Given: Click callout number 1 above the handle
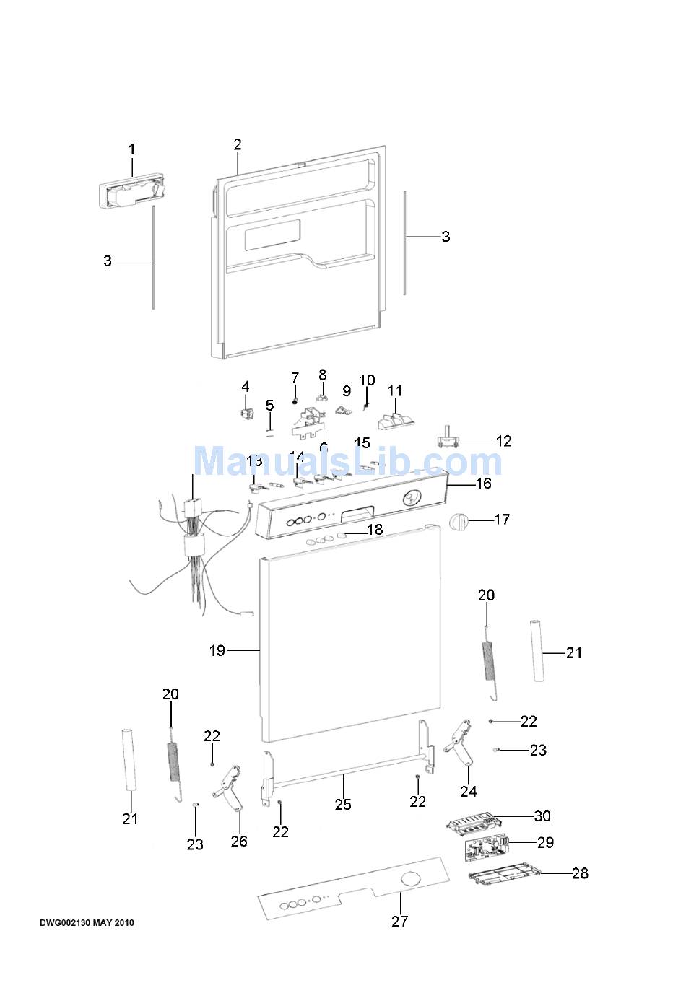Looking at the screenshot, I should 131,149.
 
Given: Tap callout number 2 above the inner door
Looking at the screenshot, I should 238,144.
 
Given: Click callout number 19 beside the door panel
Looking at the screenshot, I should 217,650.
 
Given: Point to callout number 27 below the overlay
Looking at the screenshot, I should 399,921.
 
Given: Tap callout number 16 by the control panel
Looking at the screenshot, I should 483,483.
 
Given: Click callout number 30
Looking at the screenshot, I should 542,816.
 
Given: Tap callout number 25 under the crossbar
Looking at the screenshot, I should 343,804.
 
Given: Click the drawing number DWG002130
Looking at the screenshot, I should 65,923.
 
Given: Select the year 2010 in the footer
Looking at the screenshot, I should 124,923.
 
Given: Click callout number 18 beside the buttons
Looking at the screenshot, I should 375,530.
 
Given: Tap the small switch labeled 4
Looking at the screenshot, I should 245,413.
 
